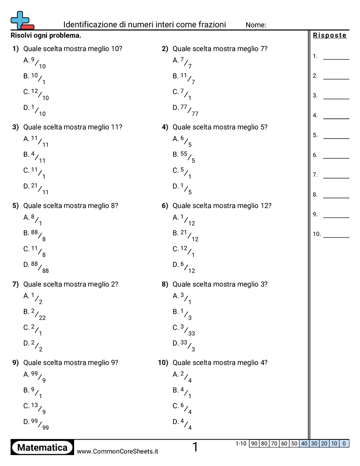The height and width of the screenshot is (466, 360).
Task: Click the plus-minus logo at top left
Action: click(22, 20)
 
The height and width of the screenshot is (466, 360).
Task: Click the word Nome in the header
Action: click(256, 25)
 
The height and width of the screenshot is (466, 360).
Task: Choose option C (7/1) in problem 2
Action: click(182, 94)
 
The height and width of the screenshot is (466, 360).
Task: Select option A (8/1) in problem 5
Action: click(33, 220)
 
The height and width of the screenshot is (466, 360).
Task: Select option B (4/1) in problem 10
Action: click(182, 393)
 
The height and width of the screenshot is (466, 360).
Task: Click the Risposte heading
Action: click(330, 36)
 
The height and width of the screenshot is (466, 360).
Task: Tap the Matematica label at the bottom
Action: click(42, 447)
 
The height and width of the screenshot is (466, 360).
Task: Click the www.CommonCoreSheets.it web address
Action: click(117, 451)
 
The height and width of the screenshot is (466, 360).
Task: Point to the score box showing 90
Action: click(254, 443)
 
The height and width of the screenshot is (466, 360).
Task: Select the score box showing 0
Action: click(344, 443)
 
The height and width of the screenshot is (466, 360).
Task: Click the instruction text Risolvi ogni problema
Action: click(46, 35)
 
